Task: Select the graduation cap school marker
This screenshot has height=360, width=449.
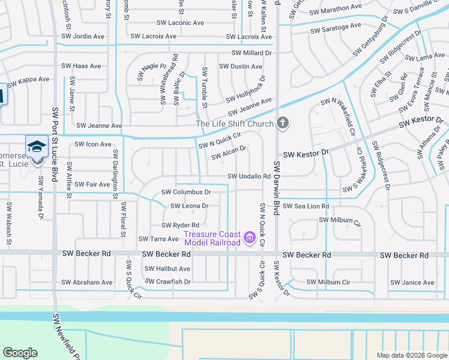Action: tap(36, 146)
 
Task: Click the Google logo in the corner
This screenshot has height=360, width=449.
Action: tap(20, 353)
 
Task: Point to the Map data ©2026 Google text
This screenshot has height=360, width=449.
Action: tap(412, 355)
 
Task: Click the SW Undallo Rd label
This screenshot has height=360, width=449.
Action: tap(249, 176)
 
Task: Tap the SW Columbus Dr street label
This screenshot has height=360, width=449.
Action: tap(187, 193)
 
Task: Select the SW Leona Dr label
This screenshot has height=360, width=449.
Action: tap(189, 206)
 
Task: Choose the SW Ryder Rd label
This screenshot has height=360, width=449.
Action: tap(179, 225)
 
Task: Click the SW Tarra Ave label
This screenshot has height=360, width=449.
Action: tap(158, 239)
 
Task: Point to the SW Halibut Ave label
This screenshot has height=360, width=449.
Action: tap(168, 269)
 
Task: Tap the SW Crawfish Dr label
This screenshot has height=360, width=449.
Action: tap(167, 281)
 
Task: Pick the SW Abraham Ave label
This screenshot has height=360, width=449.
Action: tap(86, 282)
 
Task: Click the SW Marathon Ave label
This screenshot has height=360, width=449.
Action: tap(336, 9)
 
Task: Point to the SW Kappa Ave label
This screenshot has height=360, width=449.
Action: tap(29, 79)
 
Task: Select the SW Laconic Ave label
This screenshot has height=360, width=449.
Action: tap(182, 23)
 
